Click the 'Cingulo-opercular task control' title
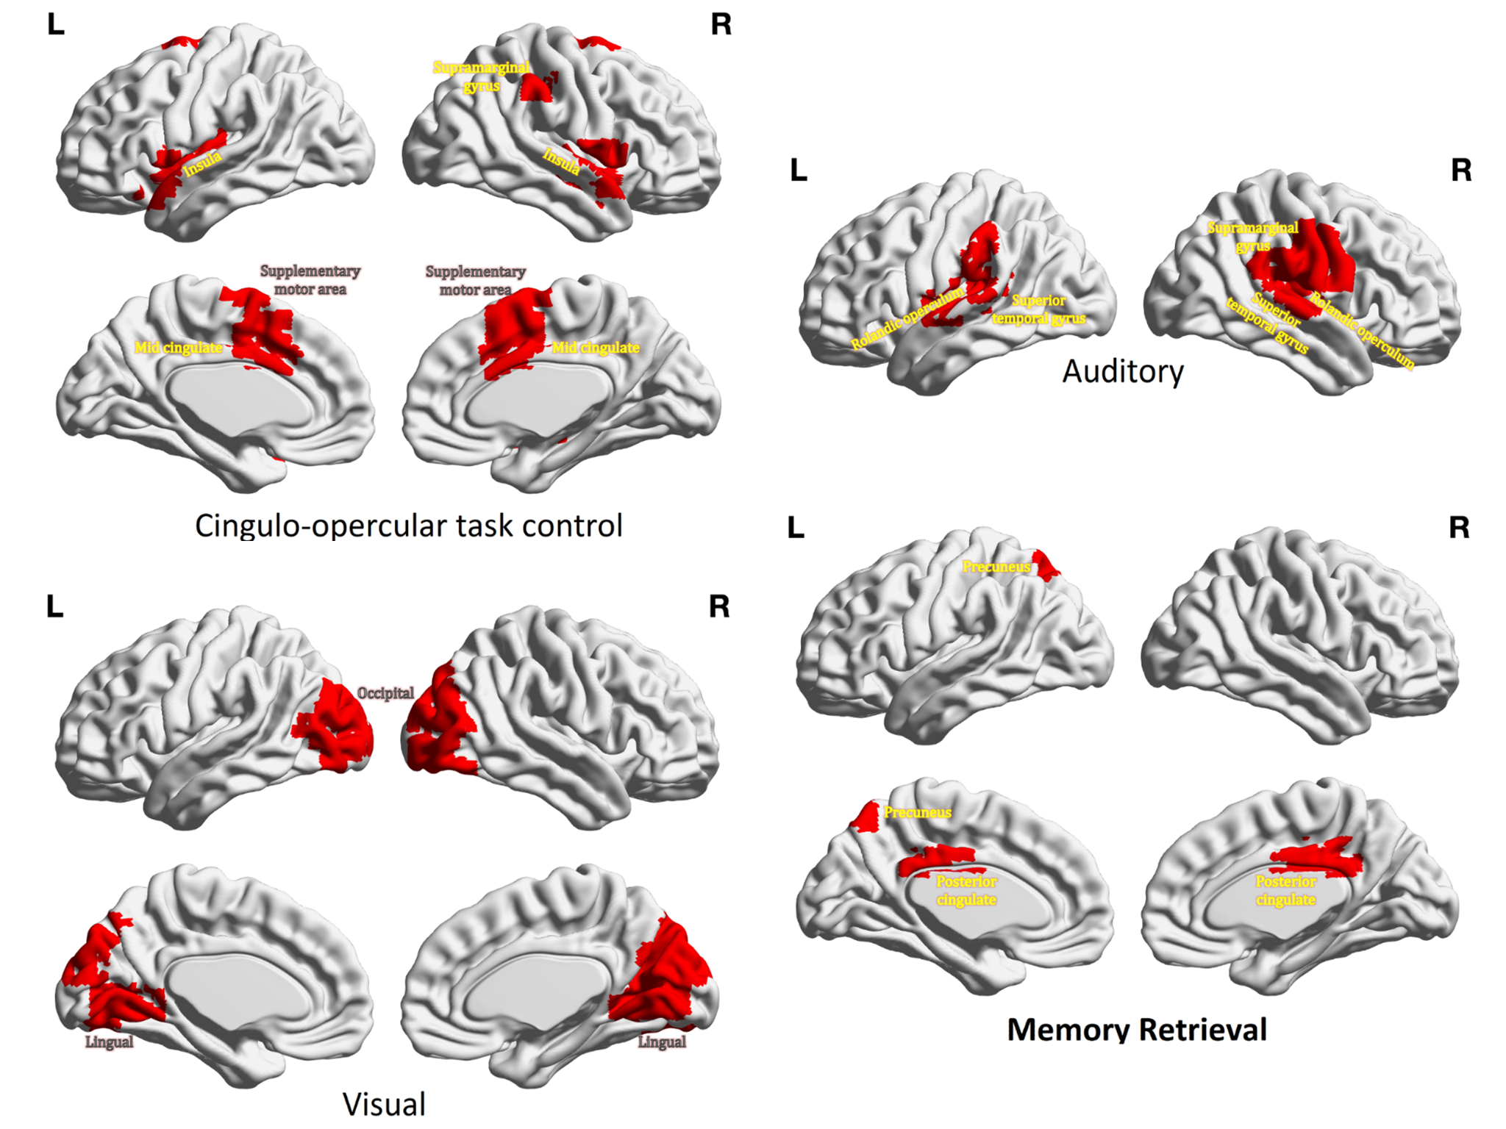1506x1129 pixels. (408, 526)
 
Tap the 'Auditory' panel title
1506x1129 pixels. (1123, 372)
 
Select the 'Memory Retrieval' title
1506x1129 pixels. (1137, 1030)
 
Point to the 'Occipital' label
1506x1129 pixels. (385, 693)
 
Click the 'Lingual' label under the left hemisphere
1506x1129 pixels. (109, 1042)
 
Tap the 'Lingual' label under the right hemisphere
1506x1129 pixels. (662, 1042)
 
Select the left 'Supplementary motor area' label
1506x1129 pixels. (310, 280)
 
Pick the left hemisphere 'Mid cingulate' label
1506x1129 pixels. (178, 348)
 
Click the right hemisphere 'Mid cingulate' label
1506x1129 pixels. (596, 348)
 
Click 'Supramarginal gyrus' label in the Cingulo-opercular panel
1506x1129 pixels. (481, 76)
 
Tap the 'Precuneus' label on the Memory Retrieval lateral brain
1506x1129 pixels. (996, 567)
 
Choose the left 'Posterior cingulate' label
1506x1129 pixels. (966, 890)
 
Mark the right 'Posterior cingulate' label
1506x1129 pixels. (1285, 890)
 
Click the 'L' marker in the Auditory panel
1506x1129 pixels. (799, 171)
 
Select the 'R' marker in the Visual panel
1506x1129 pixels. (719, 607)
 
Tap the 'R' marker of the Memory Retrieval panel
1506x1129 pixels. (1459, 528)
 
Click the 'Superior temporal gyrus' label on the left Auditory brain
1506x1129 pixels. (1038, 309)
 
